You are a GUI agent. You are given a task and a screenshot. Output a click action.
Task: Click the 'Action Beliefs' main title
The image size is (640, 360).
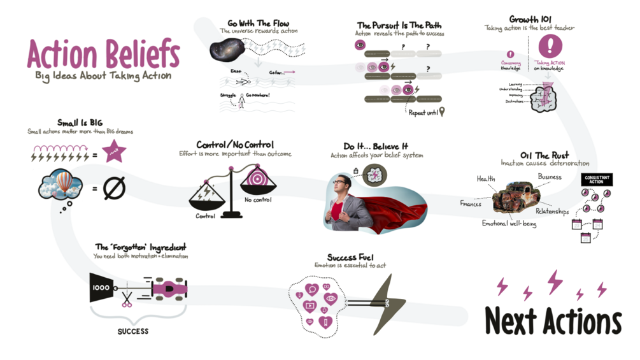point(103,55)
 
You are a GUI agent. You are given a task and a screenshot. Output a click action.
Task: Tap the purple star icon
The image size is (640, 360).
point(114,153)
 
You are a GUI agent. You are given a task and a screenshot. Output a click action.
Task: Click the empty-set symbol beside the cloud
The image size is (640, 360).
point(115,188)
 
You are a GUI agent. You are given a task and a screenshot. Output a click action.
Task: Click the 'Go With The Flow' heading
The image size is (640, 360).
point(258,24)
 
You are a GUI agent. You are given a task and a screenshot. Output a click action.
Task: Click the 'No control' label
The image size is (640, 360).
point(258,200)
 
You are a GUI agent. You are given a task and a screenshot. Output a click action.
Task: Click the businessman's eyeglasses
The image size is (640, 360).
point(343,183)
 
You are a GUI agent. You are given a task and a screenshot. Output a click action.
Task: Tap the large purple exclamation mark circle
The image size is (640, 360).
point(551,47)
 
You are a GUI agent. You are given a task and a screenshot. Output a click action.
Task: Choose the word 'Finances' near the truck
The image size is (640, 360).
point(471,204)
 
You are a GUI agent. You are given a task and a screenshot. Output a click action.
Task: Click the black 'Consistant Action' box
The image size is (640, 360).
point(597,180)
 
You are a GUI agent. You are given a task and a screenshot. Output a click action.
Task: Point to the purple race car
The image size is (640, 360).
point(168,288)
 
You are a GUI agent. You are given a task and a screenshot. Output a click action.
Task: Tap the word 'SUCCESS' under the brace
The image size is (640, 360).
point(133,331)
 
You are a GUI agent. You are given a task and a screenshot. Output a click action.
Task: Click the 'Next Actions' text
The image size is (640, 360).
point(553,321)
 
